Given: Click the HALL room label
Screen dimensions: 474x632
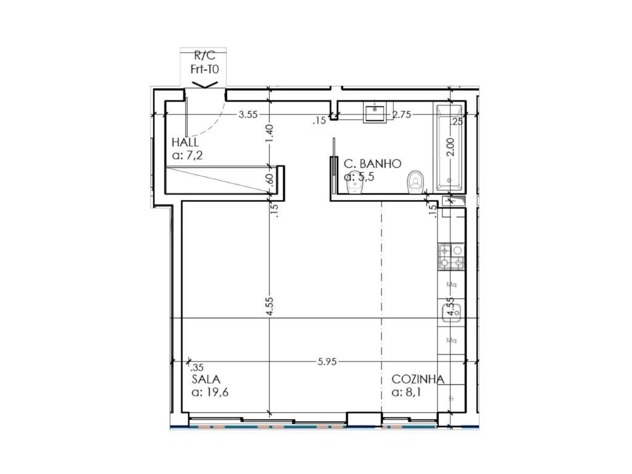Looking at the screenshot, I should [185, 143].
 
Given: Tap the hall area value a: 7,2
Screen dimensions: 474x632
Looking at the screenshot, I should [188, 156].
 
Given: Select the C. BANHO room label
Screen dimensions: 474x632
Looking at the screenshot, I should [373, 164].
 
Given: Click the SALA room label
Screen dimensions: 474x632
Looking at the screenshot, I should [206, 379].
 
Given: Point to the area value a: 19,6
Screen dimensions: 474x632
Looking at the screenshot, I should [210, 392].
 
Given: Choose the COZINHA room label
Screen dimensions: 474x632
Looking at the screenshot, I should [418, 379].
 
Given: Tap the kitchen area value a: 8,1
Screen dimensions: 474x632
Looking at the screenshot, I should [407, 392].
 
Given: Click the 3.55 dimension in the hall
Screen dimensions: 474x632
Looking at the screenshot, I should [248, 114].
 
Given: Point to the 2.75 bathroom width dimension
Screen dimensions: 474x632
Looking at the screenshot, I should [402, 114].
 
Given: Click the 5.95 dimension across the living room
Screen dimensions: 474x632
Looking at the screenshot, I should [327, 362].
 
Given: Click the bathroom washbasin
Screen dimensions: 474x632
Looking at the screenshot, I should [375, 113].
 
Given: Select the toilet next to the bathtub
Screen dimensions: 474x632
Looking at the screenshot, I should [416, 182].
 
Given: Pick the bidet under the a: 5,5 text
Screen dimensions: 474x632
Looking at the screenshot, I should [354, 185].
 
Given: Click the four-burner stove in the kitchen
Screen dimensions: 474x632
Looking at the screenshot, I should [452, 258].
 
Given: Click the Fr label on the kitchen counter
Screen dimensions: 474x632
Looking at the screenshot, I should [452, 399].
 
